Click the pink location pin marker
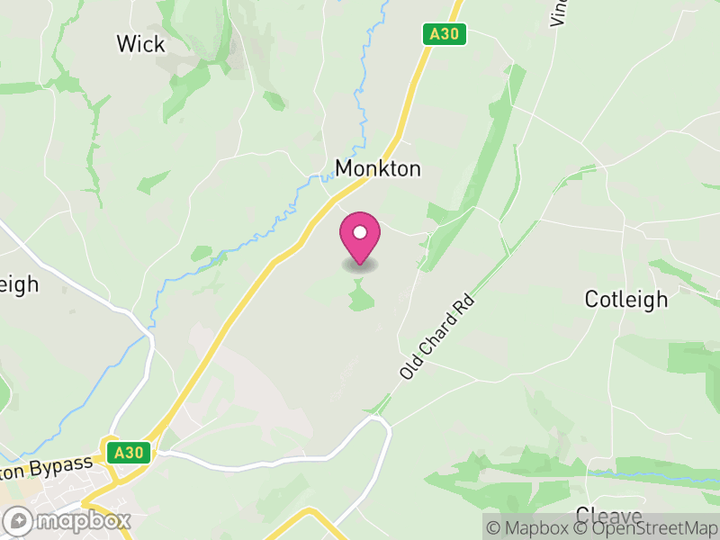click(x=360, y=238)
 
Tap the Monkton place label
click(x=377, y=168)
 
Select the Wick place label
click(x=141, y=43)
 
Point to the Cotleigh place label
click(x=626, y=300)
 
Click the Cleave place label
click(x=608, y=517)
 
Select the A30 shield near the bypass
click(x=128, y=453)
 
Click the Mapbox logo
click(x=68, y=520)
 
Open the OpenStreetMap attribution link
click(x=648, y=528)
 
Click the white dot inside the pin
click(x=360, y=232)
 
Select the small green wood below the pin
click(x=360, y=295)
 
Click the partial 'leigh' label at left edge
click(x=18, y=285)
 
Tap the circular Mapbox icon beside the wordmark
click(x=19, y=520)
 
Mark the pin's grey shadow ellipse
click(x=360, y=265)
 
